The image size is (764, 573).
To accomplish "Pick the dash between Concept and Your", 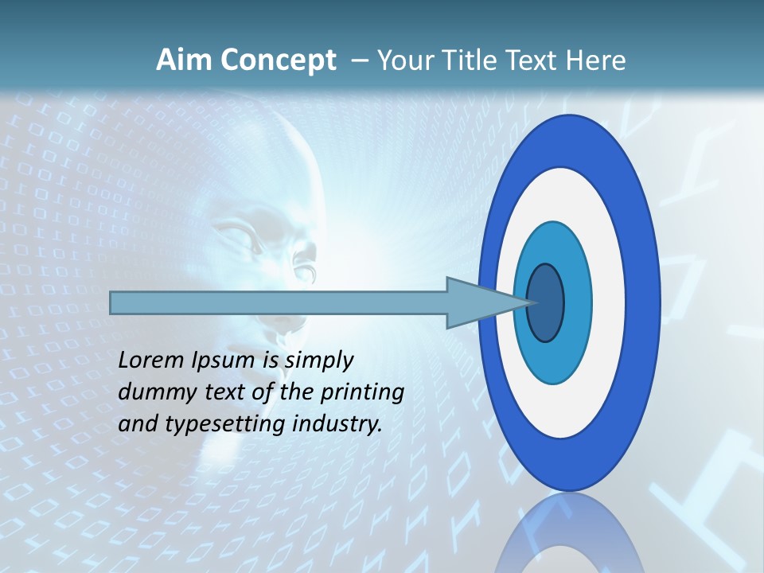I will tap(359, 61).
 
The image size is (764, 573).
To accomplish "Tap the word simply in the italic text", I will tap(318, 361).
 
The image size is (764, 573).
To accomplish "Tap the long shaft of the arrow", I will tap(279, 302).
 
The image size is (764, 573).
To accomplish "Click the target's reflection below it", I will tap(569, 533).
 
